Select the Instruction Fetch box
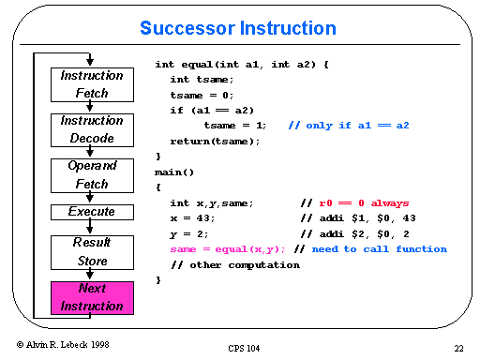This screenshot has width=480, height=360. click(91, 84)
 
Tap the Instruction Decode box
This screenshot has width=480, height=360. click(91, 129)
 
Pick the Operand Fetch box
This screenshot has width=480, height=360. click(91, 174)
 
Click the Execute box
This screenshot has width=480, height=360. click(91, 212)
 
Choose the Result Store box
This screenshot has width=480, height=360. click(91, 252)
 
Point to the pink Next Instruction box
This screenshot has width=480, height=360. click(91, 297)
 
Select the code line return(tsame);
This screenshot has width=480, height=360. click(215, 141)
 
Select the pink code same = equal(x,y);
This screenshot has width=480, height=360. click(228, 248)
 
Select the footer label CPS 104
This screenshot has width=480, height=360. click(245, 348)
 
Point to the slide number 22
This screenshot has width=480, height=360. click(458, 348)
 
